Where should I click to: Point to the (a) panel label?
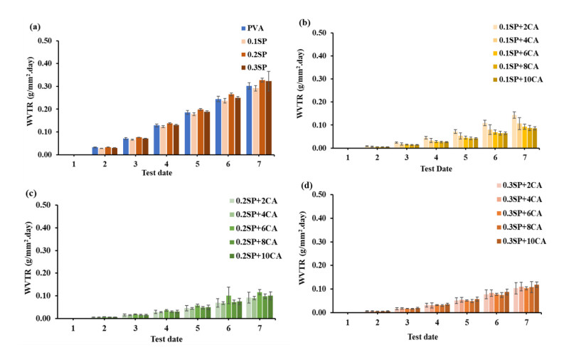pos(34,26)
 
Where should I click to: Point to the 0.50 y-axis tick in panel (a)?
pos(43,41)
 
